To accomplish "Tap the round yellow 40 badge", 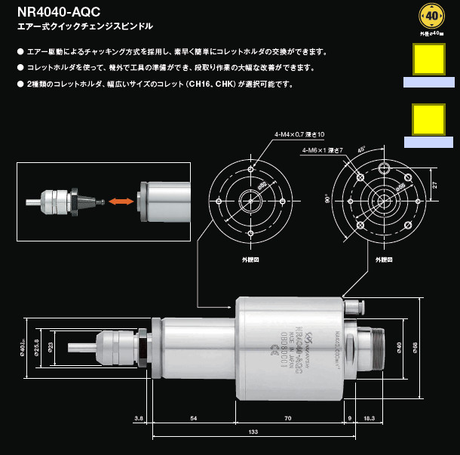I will tap(429, 14).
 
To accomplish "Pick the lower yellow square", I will tap(428, 118).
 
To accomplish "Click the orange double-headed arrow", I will tap(121, 201).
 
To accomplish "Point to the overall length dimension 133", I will tap(253, 431).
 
